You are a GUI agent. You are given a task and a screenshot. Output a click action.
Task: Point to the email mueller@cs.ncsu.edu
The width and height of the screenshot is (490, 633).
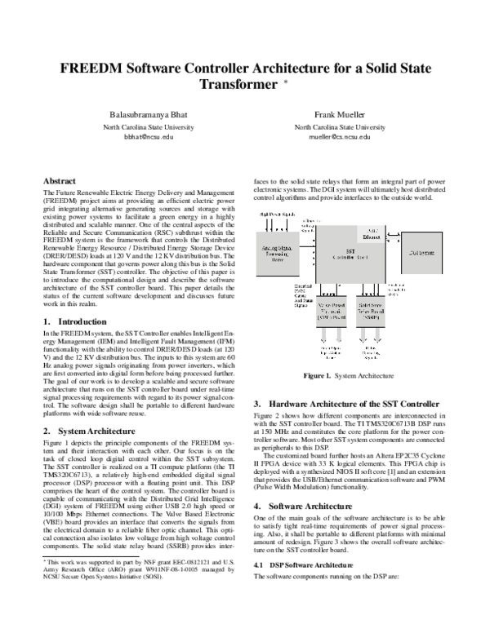click(x=340, y=139)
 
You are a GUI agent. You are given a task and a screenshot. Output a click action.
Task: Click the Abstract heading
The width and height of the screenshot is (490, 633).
click(x=62, y=179)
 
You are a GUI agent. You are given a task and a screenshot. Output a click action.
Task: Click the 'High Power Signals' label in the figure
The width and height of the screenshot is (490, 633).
click(x=277, y=214)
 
